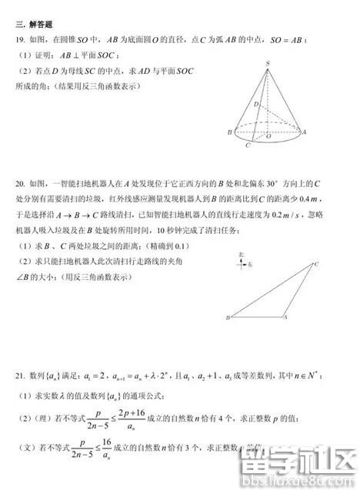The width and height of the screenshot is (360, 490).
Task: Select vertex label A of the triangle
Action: coord(285,317)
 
